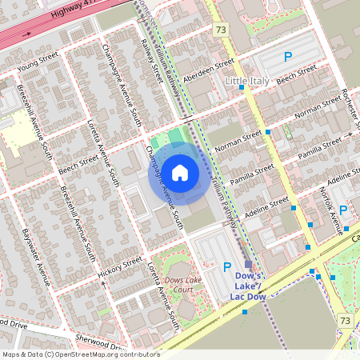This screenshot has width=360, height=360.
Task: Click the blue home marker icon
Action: (x=180, y=172)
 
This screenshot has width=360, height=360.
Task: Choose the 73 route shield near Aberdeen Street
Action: (x=222, y=30)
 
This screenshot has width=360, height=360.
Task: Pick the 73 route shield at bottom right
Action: (x=345, y=321)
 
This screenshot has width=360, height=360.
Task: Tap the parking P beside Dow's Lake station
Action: (x=226, y=267)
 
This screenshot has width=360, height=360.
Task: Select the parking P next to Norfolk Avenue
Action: (x=343, y=210)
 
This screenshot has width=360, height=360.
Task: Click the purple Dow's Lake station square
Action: (x=248, y=264)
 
